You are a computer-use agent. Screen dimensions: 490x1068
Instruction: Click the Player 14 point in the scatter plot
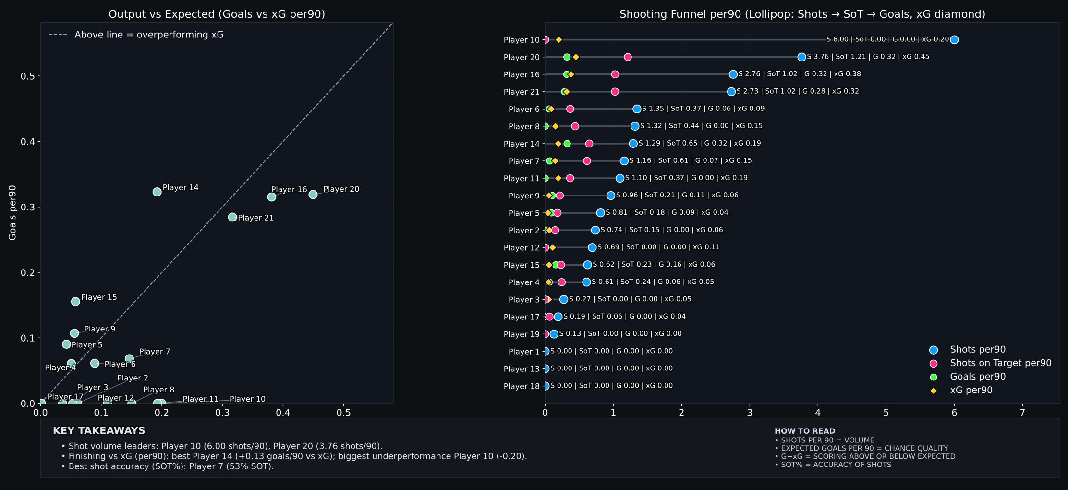click(x=157, y=192)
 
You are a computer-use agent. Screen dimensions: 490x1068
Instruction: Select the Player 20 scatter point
click(x=313, y=195)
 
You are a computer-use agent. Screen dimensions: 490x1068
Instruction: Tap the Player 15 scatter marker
click(x=75, y=302)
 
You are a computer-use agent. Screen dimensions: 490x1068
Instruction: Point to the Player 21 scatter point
click(x=232, y=217)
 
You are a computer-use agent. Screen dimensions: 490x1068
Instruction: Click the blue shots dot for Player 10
click(x=954, y=40)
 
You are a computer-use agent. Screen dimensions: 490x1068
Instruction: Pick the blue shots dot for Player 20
click(x=801, y=57)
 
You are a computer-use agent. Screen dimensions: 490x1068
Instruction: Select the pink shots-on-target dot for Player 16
click(x=615, y=74)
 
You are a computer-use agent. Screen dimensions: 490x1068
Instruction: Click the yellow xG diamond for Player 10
click(x=558, y=40)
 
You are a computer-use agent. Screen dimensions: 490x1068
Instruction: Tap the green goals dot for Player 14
click(x=567, y=144)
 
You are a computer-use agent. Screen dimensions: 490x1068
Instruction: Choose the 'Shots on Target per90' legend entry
click(x=1000, y=363)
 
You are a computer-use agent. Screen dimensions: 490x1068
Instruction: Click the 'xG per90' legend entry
click(x=971, y=390)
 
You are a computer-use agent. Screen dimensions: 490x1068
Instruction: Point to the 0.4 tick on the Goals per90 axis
click(x=27, y=142)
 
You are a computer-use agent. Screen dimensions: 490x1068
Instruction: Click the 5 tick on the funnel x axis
click(x=886, y=413)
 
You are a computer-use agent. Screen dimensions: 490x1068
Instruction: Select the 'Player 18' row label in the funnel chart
click(x=522, y=386)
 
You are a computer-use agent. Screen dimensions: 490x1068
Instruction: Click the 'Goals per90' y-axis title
click(x=12, y=213)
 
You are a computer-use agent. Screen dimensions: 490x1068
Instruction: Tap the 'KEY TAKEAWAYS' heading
click(x=99, y=430)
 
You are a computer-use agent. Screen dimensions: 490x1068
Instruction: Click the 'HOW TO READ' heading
click(x=805, y=431)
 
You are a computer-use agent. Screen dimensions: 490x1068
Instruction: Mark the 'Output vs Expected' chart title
click(x=217, y=14)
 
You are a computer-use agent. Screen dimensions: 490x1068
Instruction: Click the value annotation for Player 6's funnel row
click(x=703, y=109)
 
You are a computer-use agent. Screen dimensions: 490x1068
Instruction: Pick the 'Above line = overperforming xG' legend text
click(x=149, y=35)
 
